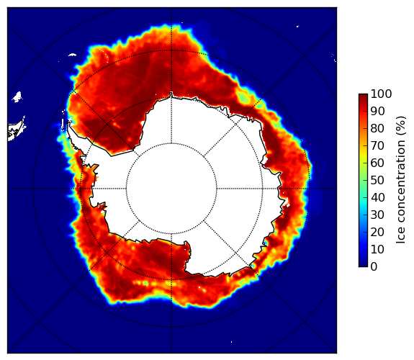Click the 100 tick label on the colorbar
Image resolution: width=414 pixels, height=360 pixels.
(x=382, y=94)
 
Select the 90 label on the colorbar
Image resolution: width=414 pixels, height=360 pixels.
(x=377, y=111)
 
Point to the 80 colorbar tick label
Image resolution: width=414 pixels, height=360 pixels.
(x=377, y=128)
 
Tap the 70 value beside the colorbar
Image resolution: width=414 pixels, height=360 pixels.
(x=377, y=145)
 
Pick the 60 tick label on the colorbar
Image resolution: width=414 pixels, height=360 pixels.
(x=377, y=163)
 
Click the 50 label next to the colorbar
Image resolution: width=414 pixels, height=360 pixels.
(x=377, y=180)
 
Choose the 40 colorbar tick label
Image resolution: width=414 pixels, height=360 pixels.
(x=377, y=197)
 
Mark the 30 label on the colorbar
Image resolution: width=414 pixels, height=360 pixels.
(x=377, y=215)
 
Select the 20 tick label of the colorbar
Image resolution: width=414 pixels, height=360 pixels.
(x=377, y=232)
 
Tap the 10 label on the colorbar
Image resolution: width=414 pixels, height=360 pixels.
(x=377, y=249)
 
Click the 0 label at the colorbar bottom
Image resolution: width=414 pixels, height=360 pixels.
(x=374, y=266)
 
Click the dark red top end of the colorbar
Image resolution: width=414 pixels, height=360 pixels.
(x=363, y=95)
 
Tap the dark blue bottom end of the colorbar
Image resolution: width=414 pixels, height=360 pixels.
(x=363, y=265)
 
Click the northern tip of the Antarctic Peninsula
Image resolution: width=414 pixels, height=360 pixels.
(x=69, y=122)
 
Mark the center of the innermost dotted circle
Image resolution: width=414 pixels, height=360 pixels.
(x=171, y=189)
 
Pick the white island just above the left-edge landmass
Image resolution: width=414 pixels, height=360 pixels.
(x=17, y=96)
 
